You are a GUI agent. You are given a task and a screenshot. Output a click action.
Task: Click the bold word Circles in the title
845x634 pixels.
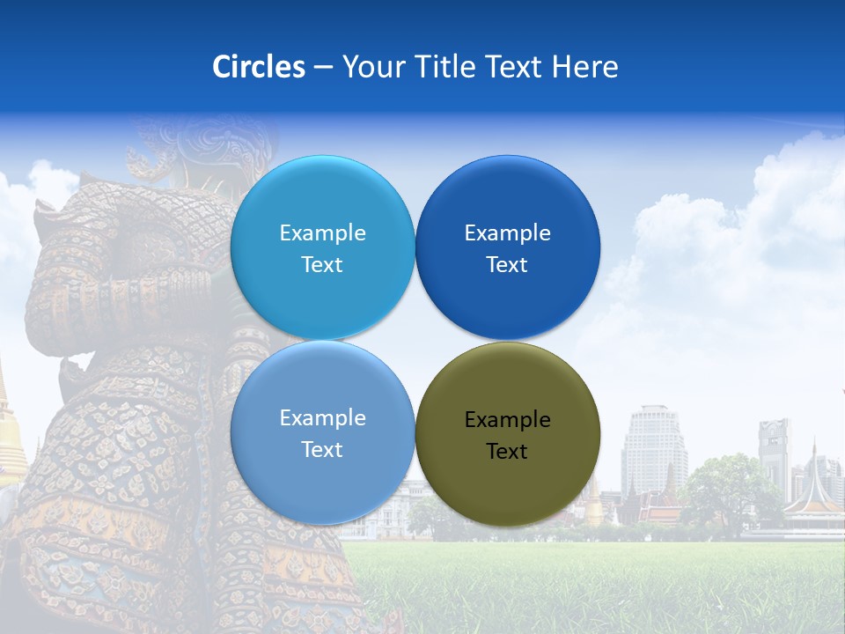tap(258, 67)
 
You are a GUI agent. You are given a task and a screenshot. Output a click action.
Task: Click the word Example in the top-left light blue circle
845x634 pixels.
tap(322, 233)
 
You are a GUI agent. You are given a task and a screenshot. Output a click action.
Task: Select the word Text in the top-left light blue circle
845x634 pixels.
tap(322, 265)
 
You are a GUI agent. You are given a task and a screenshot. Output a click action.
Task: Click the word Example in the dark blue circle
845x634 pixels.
tap(507, 233)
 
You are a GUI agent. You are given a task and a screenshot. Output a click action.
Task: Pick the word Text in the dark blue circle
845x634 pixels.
tap(507, 265)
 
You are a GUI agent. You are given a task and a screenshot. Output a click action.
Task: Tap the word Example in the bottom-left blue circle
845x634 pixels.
tap(322, 418)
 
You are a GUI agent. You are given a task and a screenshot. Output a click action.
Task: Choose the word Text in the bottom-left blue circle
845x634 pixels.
tap(322, 450)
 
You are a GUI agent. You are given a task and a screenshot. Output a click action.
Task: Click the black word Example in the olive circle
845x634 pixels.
tap(507, 420)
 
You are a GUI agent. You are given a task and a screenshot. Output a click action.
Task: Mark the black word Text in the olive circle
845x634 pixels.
tap(507, 452)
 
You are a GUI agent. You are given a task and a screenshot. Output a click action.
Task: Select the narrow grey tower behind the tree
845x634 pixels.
tap(774, 449)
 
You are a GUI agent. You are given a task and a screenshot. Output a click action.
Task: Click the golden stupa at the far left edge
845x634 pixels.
tap(9, 440)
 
